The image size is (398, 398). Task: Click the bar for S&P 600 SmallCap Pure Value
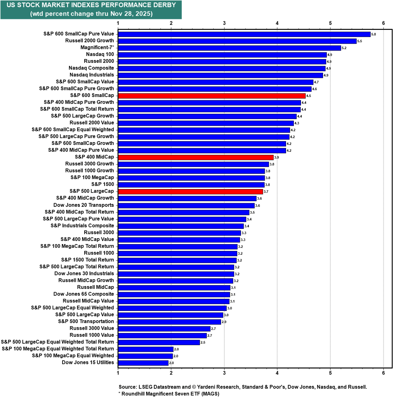click(244, 34)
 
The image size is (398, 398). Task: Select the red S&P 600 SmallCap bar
click(211, 96)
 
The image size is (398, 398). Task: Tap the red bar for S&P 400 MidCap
click(195, 157)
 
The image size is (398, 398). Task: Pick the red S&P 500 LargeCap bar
click(190, 191)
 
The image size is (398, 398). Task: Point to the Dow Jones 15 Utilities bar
click(143, 362)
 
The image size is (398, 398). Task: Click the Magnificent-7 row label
click(97, 48)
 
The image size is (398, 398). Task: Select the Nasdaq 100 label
click(100, 54)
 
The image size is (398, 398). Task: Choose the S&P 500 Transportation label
click(86, 322)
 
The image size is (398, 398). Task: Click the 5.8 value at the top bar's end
click(373, 34)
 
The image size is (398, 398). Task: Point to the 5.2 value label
click(344, 48)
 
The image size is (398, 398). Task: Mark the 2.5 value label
click(203, 343)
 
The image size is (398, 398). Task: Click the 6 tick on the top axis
click(383, 23)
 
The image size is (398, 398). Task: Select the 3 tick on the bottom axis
click(224, 373)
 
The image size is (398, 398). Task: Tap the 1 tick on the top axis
click(118, 23)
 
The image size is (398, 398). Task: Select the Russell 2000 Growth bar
click(237, 41)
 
